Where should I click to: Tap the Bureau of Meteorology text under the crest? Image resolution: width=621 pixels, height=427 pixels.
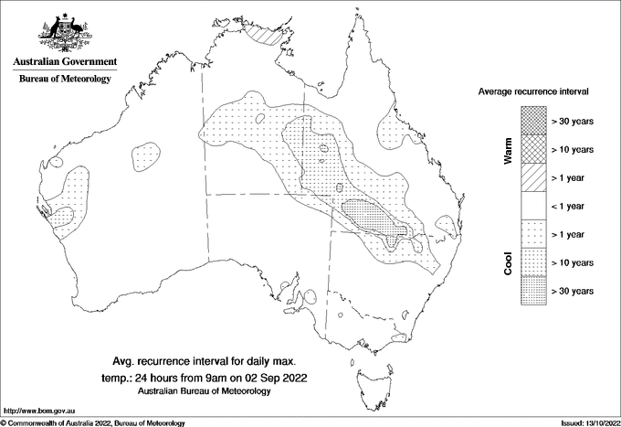[x=65, y=80]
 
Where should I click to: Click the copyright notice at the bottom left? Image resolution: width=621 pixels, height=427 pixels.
[x=93, y=422]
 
